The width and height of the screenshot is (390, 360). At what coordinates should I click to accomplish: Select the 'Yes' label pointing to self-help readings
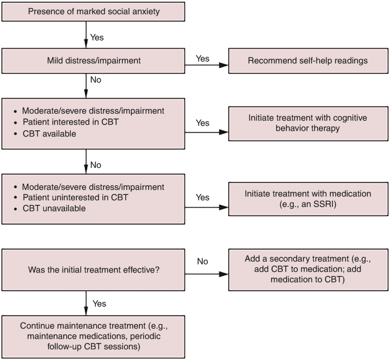tap(202, 58)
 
